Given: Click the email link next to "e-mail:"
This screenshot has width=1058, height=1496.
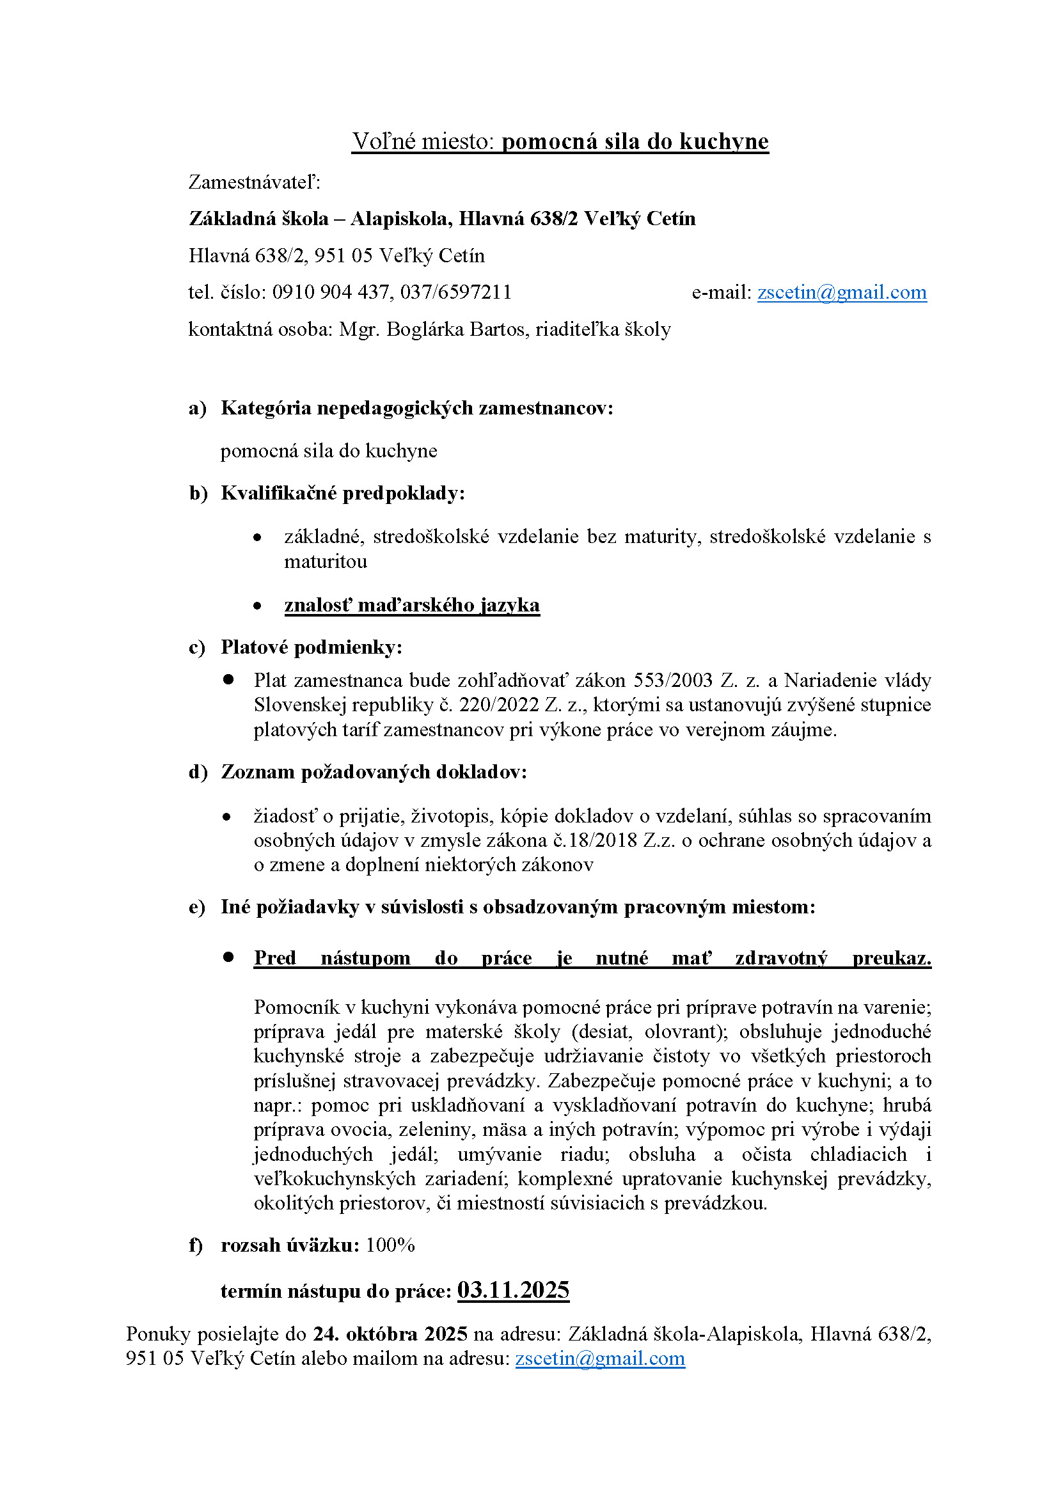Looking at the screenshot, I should click(842, 292).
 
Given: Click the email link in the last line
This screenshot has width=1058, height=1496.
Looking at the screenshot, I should click(600, 1358).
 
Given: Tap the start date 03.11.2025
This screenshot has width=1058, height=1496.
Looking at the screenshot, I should click(514, 1291).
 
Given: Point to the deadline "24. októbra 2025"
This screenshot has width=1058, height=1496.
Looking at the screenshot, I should click(390, 1334).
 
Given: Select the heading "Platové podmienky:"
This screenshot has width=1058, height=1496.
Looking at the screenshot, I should click(312, 647).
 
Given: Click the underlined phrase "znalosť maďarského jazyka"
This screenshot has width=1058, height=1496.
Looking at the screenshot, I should click(412, 605).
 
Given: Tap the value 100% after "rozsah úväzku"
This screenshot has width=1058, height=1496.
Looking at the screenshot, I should click(390, 1245).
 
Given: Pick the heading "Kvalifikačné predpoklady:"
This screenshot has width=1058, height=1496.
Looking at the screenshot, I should click(343, 493).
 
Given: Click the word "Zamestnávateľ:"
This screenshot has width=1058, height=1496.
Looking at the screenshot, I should click(255, 182).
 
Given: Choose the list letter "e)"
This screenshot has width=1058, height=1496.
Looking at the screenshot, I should click(197, 907).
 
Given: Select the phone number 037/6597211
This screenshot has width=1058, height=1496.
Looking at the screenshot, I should click(456, 292).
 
